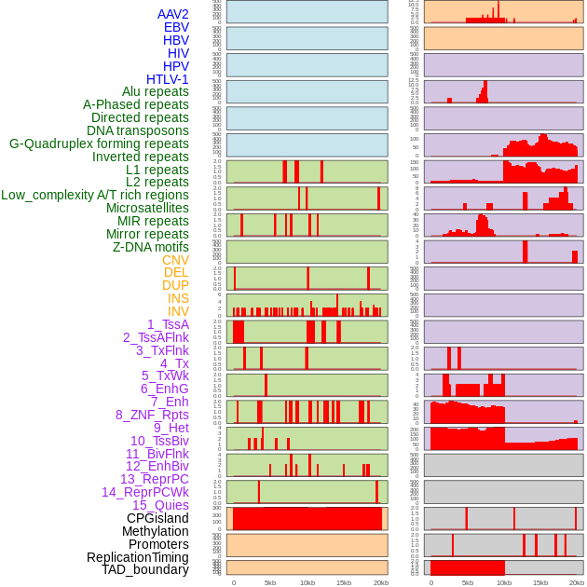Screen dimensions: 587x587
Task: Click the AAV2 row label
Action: (x=172, y=14)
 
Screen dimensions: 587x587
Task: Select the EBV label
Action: (x=176, y=27)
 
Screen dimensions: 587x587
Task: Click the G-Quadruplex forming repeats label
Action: (x=99, y=143)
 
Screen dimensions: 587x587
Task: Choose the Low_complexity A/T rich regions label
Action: (x=95, y=195)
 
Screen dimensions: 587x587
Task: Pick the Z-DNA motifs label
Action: (x=150, y=247)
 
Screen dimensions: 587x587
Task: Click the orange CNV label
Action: (x=175, y=260)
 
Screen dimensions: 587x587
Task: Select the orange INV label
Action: (x=178, y=311)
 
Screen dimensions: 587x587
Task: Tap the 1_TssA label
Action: (x=168, y=324)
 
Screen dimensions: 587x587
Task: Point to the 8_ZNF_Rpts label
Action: (x=152, y=415)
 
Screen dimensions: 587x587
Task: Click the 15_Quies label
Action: (x=160, y=505)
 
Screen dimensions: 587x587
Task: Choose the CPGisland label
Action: (x=157, y=518)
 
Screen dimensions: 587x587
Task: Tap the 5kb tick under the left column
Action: (x=270, y=582)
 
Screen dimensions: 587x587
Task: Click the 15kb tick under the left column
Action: (x=344, y=582)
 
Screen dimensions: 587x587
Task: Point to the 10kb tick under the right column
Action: (x=504, y=582)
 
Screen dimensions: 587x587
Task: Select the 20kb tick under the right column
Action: (x=577, y=582)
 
